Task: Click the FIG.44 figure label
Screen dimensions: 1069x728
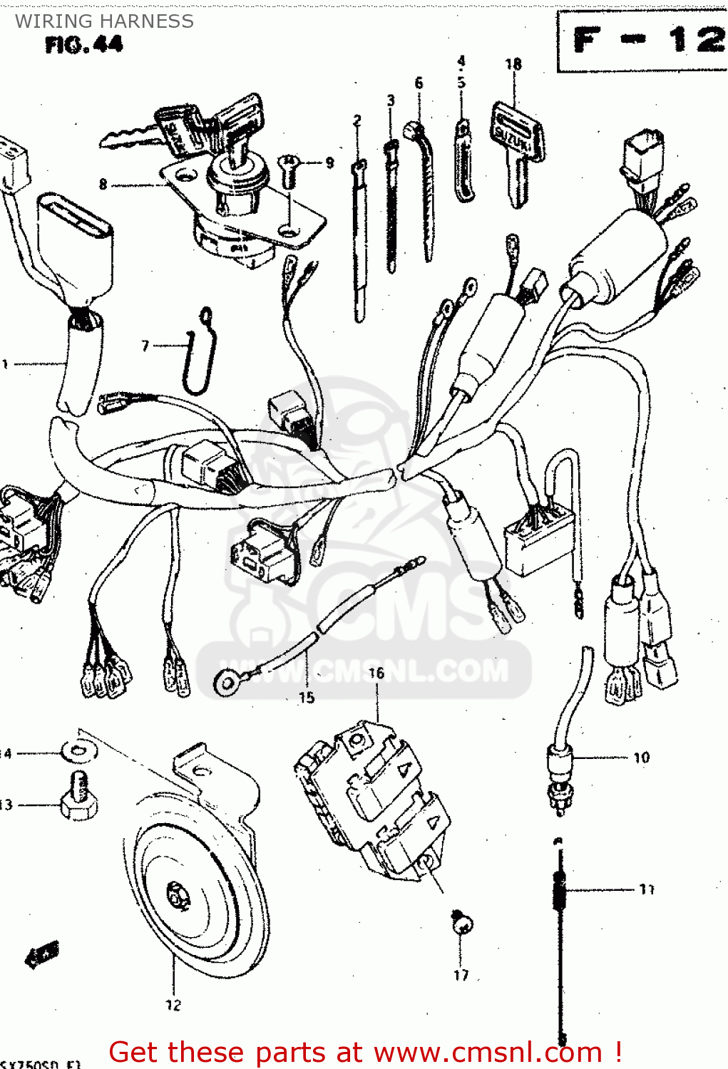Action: click(83, 45)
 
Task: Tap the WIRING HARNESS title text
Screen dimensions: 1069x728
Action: click(104, 21)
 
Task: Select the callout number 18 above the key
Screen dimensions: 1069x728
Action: click(513, 64)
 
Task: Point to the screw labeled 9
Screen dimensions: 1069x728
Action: click(289, 170)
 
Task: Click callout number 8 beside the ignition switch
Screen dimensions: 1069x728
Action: click(103, 185)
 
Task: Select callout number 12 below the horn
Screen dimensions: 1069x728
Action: click(173, 1005)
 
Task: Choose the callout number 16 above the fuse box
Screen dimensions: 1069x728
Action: click(376, 673)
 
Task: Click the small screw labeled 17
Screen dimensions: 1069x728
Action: click(462, 924)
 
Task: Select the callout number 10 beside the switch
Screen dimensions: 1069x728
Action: click(641, 758)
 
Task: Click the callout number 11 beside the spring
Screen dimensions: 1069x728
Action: click(646, 889)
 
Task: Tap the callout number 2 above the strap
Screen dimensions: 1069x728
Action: click(357, 120)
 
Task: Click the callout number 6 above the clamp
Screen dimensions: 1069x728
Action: click(419, 83)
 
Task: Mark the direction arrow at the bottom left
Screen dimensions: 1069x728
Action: click(42, 954)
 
